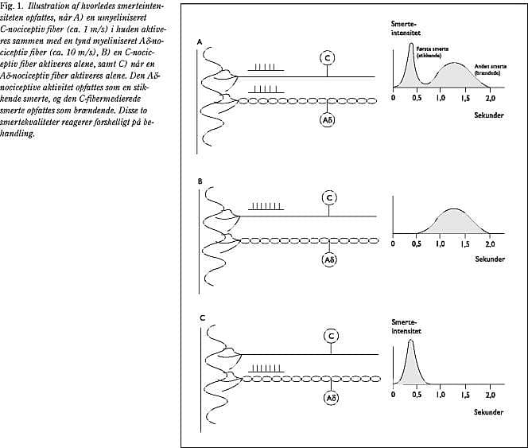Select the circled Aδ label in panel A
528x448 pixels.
(328, 120)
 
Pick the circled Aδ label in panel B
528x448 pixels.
(328, 259)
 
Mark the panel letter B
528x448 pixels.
(200, 181)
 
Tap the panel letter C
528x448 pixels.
(202, 318)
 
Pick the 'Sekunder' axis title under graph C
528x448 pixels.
(489, 412)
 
